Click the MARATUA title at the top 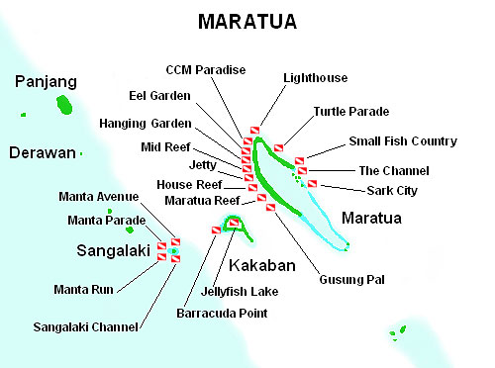(247, 22)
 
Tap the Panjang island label (46, 82)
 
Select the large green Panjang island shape (64, 105)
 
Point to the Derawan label (43, 153)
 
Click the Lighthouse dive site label (316, 78)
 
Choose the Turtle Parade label (351, 112)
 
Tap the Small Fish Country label (403, 141)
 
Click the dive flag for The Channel (302, 171)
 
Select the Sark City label (392, 191)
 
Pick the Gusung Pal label (351, 280)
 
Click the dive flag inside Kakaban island (234, 223)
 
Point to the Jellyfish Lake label (240, 292)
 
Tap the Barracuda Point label (222, 314)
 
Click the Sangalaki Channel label (85, 327)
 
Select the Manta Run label (83, 290)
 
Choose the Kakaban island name (262, 265)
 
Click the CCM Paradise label (206, 70)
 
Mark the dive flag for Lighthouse (254, 131)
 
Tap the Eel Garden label (159, 96)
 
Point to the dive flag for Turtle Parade (279, 148)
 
